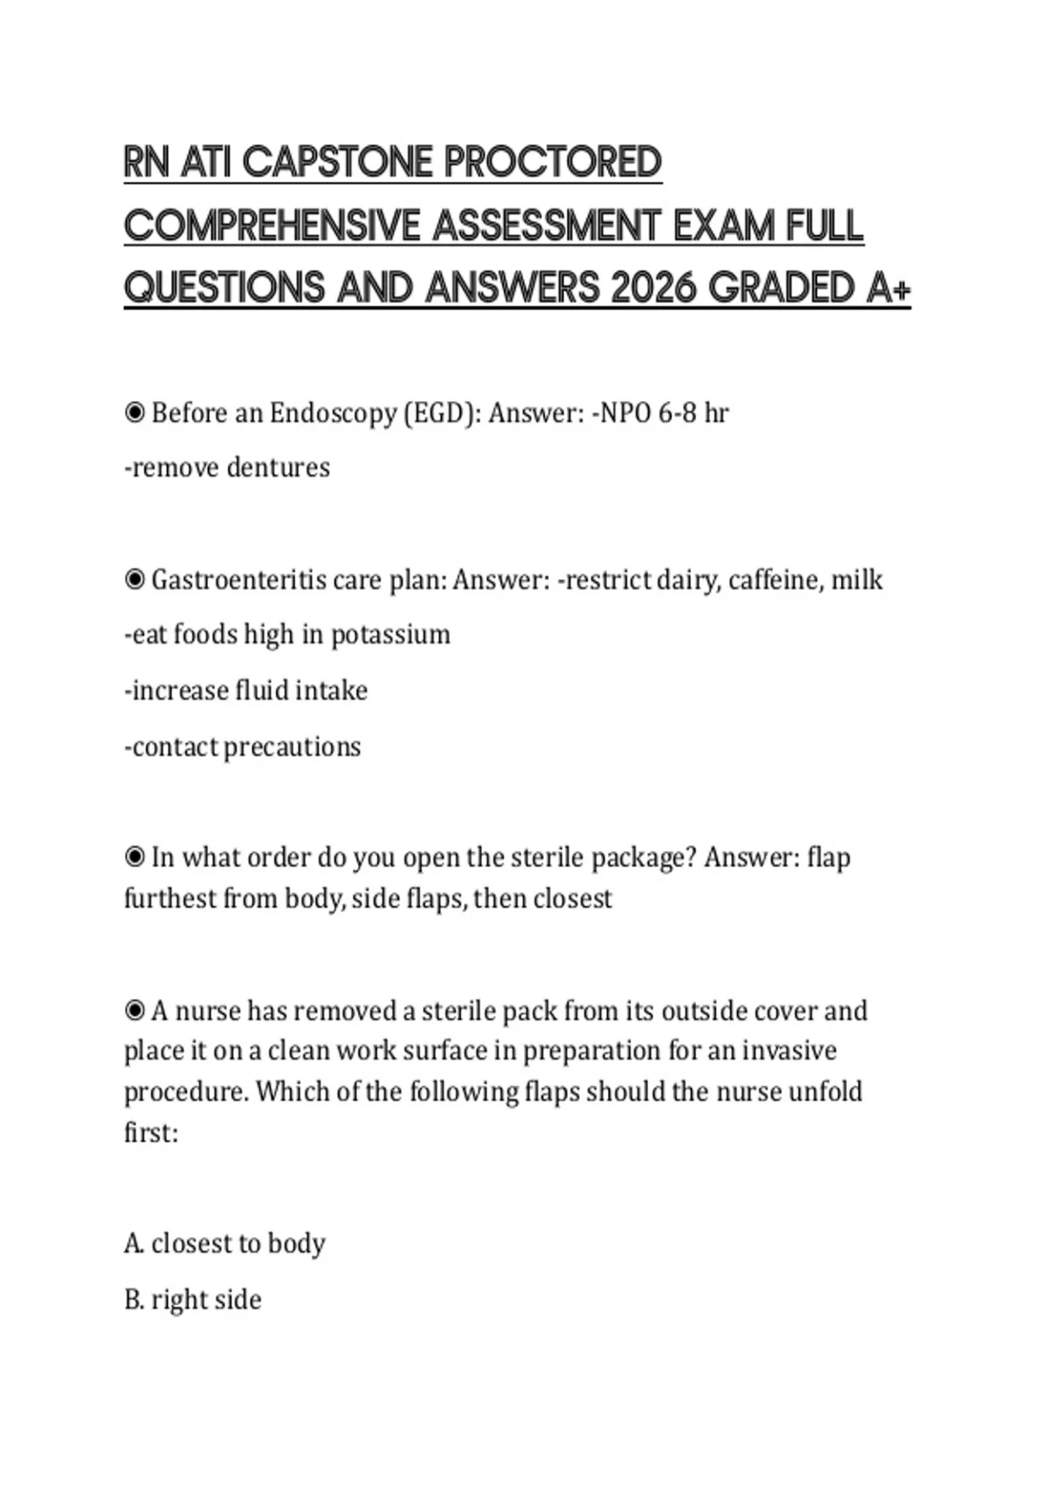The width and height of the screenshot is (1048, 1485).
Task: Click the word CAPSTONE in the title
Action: (x=337, y=163)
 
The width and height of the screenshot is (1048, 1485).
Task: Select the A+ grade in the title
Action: (x=888, y=288)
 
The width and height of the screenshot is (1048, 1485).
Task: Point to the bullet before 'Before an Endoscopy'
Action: (x=134, y=413)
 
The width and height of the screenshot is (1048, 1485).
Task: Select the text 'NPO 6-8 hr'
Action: (x=664, y=413)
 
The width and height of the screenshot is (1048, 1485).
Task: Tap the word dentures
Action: (x=278, y=468)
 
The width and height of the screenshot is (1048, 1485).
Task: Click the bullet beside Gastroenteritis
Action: (x=134, y=580)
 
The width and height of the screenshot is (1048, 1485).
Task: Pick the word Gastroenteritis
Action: (x=239, y=580)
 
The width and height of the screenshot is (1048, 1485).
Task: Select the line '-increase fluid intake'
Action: (x=246, y=691)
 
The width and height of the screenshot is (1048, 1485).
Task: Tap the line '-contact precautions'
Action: (x=243, y=748)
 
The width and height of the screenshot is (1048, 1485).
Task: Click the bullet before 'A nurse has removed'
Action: (x=134, y=1012)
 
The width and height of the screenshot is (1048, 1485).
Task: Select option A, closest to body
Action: (x=224, y=1243)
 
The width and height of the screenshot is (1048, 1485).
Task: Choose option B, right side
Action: (x=193, y=1300)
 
